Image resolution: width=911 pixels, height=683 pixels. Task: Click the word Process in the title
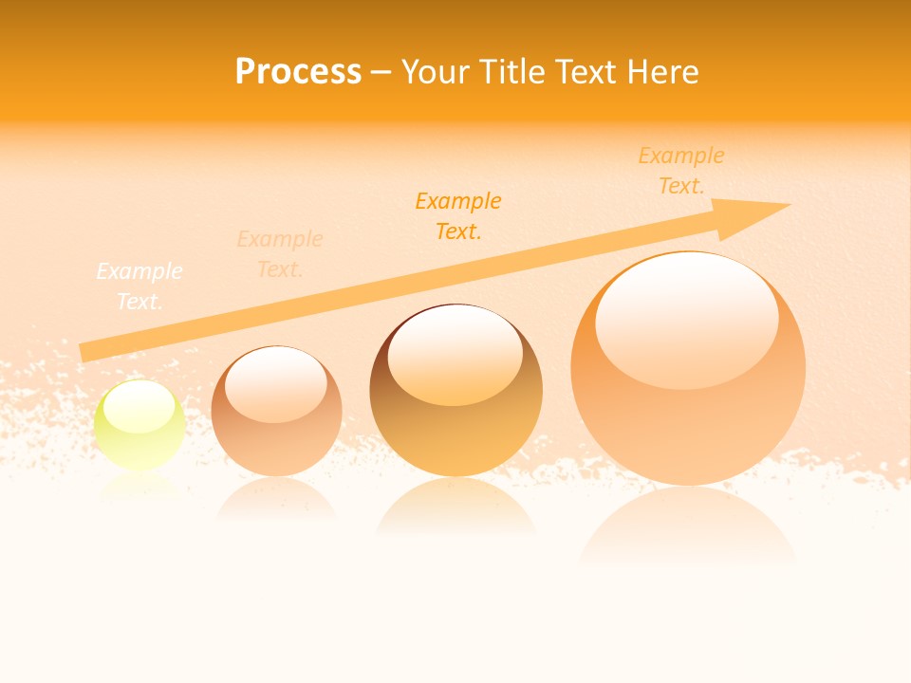[x=298, y=72]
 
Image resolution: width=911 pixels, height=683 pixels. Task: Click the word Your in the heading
[x=436, y=72]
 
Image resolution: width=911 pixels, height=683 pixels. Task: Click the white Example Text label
[x=139, y=286]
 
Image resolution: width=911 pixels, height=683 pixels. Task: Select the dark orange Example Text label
[x=458, y=215]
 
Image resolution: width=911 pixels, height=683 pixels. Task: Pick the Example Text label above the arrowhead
[x=681, y=170]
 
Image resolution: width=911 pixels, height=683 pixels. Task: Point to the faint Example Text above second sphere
[x=280, y=253]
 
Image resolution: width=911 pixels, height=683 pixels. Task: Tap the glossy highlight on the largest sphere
[x=686, y=318]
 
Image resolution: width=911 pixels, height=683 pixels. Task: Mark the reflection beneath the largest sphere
[x=688, y=526]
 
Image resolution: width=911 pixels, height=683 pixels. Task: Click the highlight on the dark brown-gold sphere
[x=455, y=354]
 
